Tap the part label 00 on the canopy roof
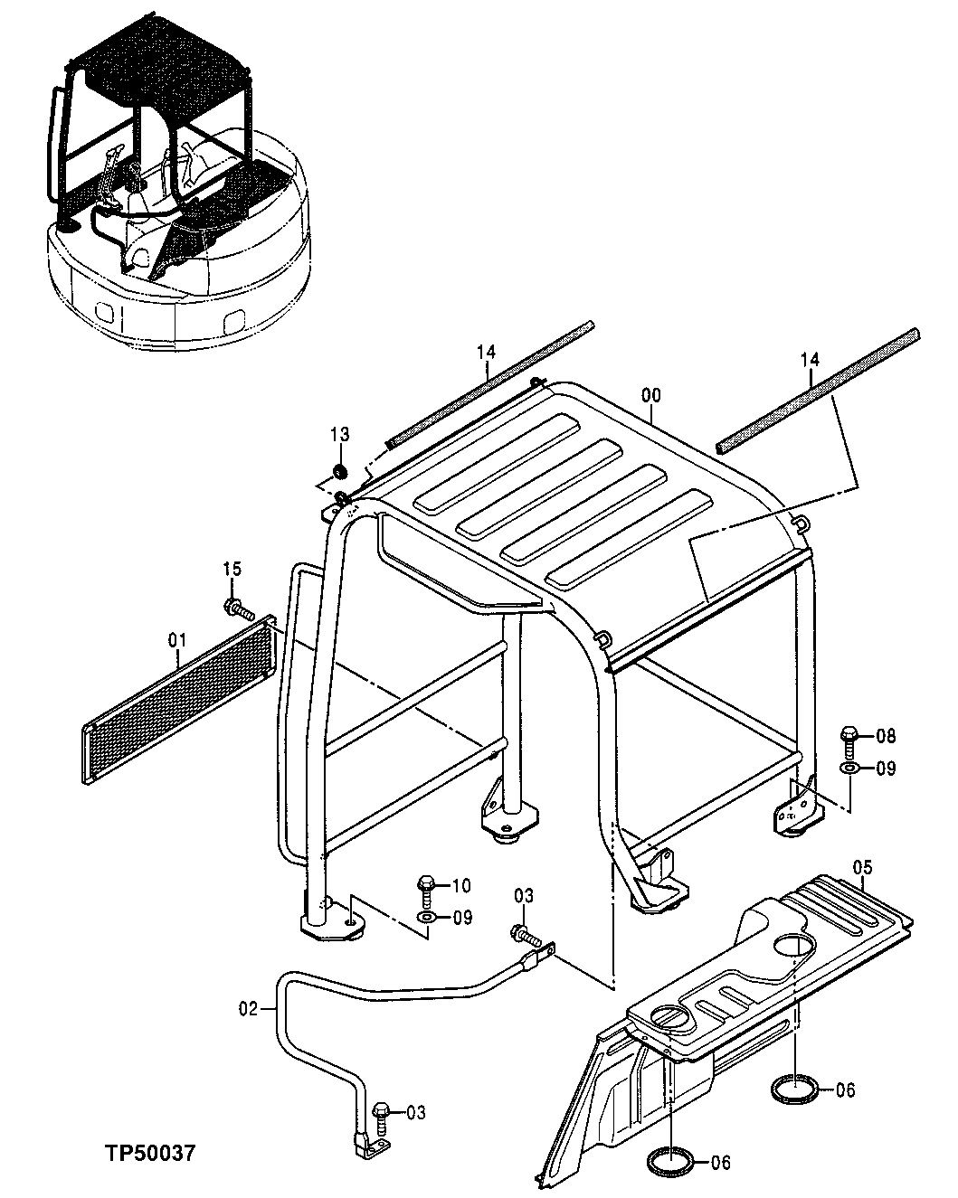[x=650, y=395]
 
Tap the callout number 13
[x=338, y=436]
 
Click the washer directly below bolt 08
[x=850, y=769]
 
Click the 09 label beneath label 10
[x=462, y=919]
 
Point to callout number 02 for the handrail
[x=249, y=1006]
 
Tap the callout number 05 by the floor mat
[x=864, y=869]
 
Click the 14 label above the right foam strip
[x=809, y=360]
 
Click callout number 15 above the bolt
[x=232, y=569]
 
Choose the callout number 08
[x=885, y=736]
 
